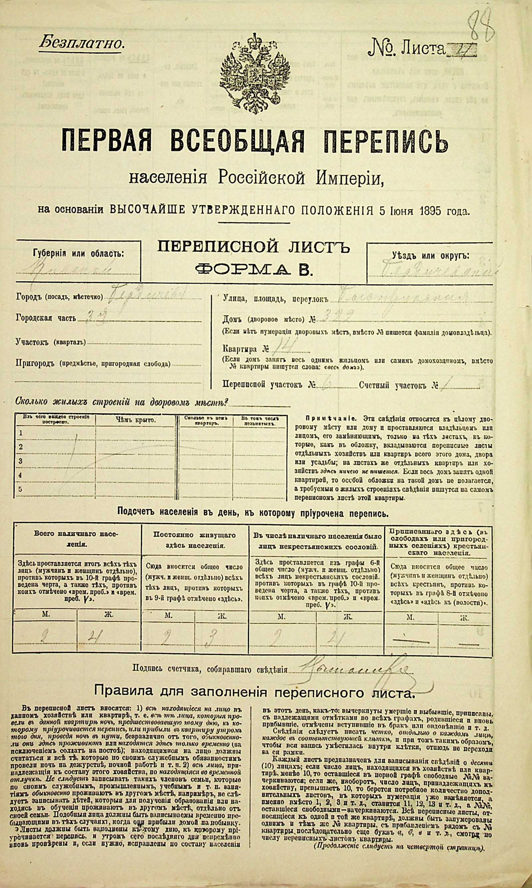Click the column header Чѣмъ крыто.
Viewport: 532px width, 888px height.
136,420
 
